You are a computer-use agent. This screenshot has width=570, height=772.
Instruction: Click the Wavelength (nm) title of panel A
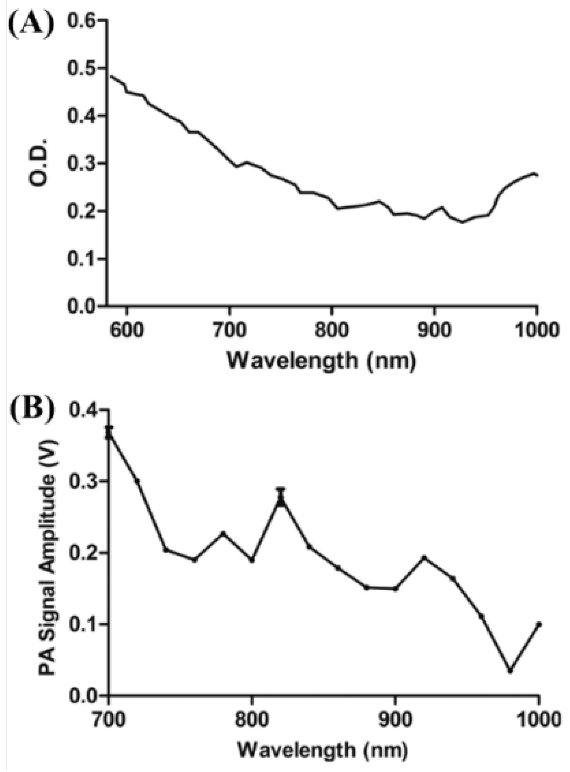pyautogui.click(x=321, y=361)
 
